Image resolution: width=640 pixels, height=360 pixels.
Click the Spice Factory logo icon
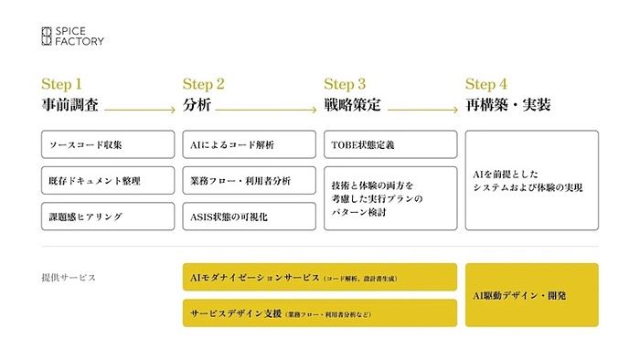tap(48, 36)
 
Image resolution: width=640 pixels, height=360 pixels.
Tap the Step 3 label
tap(345, 84)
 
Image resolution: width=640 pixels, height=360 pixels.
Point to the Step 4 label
tap(486, 84)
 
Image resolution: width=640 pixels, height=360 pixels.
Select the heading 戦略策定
tap(348, 105)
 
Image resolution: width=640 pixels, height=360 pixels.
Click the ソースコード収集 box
tap(107, 144)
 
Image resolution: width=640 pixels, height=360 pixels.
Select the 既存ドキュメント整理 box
tap(107, 180)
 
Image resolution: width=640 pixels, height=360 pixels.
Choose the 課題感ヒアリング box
tap(107, 217)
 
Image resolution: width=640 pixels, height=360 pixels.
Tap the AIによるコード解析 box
tap(249, 144)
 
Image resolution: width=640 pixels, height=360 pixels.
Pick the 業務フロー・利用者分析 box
tap(249, 180)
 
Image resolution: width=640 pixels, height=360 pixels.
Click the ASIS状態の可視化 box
tap(249, 217)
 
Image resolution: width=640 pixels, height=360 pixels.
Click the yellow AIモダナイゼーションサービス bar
tap(319, 277)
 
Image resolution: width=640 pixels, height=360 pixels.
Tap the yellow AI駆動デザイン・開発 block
tap(532, 295)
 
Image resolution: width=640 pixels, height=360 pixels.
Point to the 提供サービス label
tap(69, 277)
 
